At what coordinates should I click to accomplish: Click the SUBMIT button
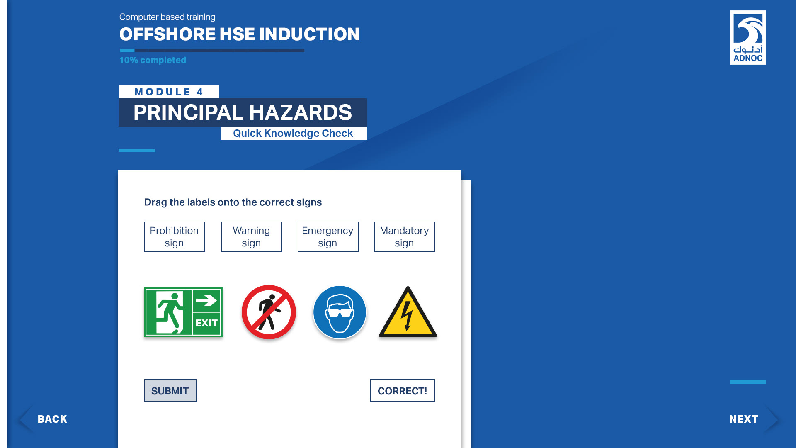tap(170, 390)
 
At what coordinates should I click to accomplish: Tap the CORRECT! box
tap(403, 390)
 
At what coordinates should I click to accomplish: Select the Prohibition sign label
tap(174, 237)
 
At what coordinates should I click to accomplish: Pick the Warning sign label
tap(251, 237)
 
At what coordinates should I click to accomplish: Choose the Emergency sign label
tap(328, 237)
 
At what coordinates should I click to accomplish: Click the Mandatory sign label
tap(405, 237)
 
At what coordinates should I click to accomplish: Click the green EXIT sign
tap(183, 312)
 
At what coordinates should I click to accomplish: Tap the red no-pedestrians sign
tap(269, 312)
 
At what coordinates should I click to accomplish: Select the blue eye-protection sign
tap(340, 312)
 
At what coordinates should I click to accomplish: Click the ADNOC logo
tap(748, 37)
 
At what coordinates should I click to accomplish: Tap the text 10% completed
tap(153, 60)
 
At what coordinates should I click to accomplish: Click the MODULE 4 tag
tap(169, 92)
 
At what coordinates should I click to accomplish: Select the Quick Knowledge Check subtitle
tap(293, 133)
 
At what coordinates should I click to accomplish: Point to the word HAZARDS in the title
tap(301, 112)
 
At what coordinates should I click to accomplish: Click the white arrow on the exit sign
tap(206, 300)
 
